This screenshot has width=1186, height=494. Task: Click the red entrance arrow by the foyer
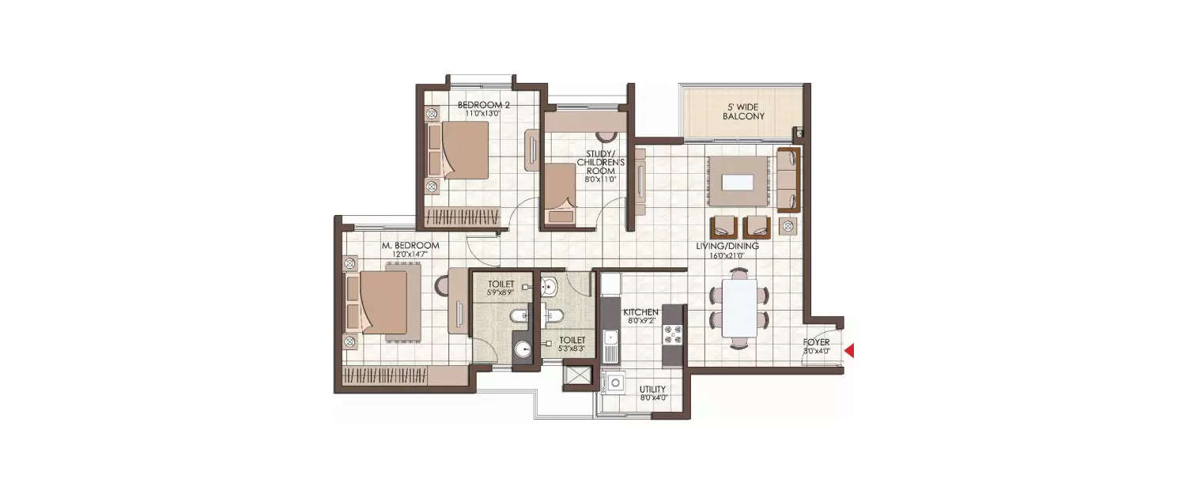coord(849,351)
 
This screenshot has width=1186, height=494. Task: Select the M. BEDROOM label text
coord(410,246)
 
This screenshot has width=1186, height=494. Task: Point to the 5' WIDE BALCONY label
coord(743,111)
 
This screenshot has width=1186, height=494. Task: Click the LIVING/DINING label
coord(727,247)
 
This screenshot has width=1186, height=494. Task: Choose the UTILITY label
coord(653,389)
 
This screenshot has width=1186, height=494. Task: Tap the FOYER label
coord(817,342)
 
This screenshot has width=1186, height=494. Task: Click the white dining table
coord(739,307)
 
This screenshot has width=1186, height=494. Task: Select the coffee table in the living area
coord(738,181)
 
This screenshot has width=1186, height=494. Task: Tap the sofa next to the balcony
coord(788,179)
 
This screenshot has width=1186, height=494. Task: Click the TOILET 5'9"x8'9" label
coord(501,288)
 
